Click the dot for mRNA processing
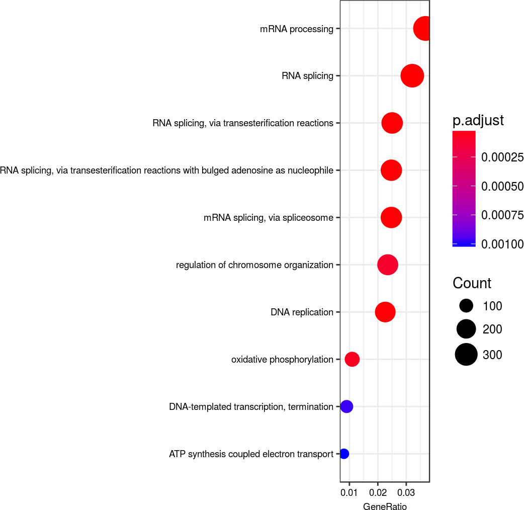[x=424, y=29]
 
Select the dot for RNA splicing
[x=412, y=76]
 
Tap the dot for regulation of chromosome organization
[x=388, y=265]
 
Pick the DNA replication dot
[x=385, y=312]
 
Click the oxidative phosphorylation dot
[x=352, y=359]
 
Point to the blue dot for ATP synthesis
[x=344, y=454]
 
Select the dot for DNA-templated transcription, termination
[x=346, y=406]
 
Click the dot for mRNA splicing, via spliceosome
[x=391, y=218]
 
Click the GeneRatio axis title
[x=385, y=506]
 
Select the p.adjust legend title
[x=478, y=121]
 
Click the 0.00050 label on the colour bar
[x=502, y=187]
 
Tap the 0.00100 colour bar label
[x=502, y=244]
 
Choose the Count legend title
[x=472, y=283]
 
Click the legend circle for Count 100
[x=466, y=306]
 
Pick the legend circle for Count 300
[x=466, y=355]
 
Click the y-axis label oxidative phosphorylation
[x=282, y=359]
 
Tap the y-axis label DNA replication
[x=302, y=312]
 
